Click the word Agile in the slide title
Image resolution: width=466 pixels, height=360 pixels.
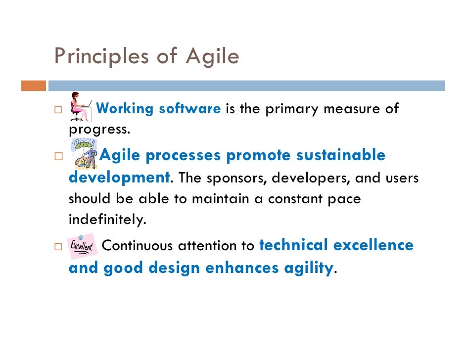click(x=212, y=57)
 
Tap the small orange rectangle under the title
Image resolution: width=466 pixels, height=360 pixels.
click(x=34, y=86)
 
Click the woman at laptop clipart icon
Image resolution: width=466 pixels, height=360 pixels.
click(x=80, y=107)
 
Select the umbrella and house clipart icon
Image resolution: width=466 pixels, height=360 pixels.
click(x=84, y=154)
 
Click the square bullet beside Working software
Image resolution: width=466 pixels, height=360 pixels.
click(x=58, y=109)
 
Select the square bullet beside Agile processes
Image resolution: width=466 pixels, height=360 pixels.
click(x=58, y=156)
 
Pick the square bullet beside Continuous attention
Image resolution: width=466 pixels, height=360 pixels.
click(x=58, y=246)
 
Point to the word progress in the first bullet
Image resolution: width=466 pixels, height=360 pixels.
click(x=98, y=130)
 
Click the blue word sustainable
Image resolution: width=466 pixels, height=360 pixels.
click(x=340, y=155)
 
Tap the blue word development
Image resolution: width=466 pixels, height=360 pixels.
click(x=119, y=178)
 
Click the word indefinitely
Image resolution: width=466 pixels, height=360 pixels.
click(x=107, y=220)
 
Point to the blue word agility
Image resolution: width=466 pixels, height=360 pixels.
click(x=308, y=268)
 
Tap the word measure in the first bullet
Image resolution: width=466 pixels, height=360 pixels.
click(x=346, y=109)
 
